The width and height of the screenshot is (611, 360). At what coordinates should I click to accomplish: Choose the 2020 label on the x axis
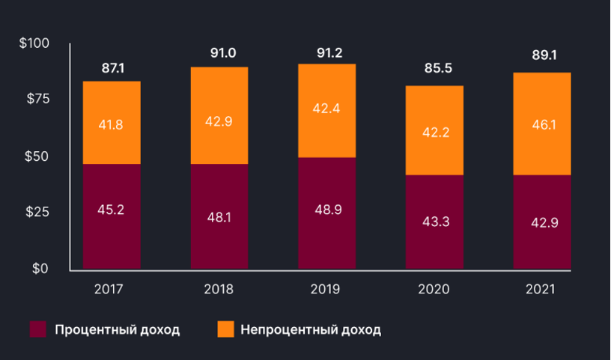click(x=434, y=289)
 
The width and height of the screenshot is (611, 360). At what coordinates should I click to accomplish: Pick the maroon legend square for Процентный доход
click(x=37, y=329)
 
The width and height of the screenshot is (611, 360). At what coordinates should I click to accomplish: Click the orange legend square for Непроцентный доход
click(x=225, y=329)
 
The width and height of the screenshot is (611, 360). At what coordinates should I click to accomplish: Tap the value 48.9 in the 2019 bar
click(x=329, y=210)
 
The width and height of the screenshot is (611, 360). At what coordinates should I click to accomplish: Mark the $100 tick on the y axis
click(x=34, y=43)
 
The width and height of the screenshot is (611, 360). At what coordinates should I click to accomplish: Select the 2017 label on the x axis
click(x=111, y=289)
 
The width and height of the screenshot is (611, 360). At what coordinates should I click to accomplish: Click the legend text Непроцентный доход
click(x=311, y=329)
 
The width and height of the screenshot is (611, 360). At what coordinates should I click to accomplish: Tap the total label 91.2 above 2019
click(x=326, y=53)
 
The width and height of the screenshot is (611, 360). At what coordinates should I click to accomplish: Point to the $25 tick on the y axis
click(x=37, y=212)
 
